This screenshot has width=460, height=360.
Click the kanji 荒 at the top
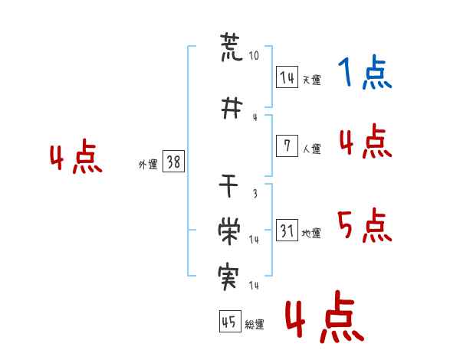pos(232,47)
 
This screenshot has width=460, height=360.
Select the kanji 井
pos(232,108)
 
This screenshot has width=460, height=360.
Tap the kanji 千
pos(228,185)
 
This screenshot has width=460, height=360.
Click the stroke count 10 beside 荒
pos(254,55)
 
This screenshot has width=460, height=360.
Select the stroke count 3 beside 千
pos(255,193)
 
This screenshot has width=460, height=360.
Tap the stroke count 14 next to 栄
pos(254,240)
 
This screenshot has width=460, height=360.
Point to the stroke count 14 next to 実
pos(254,285)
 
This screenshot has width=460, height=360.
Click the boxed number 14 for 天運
pos(287,77)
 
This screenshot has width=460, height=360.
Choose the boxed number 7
pos(287,146)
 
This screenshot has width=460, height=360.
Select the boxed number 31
pos(287,230)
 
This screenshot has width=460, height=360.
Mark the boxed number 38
pos(174,162)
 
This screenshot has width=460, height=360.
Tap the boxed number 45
pos(230,321)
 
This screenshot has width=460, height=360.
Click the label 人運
pos(312,149)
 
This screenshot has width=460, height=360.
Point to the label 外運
pos(148,165)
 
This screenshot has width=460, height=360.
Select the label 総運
pos(255,324)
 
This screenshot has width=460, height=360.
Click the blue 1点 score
pos(365,72)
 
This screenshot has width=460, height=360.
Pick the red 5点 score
pos(365,225)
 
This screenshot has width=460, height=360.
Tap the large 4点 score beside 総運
pos(325,316)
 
